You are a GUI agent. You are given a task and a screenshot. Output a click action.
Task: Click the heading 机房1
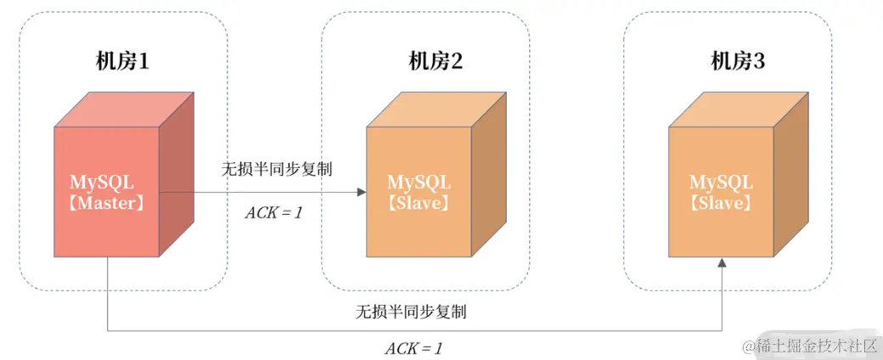click(x=123, y=61)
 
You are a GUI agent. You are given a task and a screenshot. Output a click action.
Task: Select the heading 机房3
click(x=738, y=61)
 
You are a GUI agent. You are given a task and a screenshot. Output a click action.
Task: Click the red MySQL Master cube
click(x=107, y=191)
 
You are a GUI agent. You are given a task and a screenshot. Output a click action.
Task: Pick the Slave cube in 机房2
click(x=419, y=191)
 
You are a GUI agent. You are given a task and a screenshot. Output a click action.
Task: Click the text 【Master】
click(x=107, y=204)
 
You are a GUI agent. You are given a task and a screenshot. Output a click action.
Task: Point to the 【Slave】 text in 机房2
click(x=419, y=204)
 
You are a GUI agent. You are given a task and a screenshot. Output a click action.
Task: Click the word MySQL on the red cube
click(x=103, y=183)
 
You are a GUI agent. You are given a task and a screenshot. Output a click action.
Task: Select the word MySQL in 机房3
click(x=720, y=183)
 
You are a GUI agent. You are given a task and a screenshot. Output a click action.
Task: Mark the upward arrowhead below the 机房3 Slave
click(x=722, y=265)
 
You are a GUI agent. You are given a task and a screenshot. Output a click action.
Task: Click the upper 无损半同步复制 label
click(x=277, y=169)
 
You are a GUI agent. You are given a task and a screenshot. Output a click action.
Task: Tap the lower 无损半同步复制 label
click(x=411, y=312)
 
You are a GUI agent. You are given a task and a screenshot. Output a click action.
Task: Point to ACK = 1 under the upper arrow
click(x=274, y=212)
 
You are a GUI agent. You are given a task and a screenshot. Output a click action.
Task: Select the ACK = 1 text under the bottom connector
click(x=413, y=348)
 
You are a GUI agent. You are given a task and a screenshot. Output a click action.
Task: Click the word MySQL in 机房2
click(x=419, y=183)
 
